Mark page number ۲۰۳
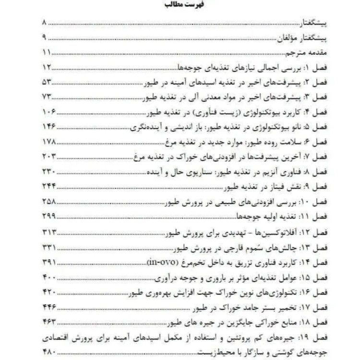pos(50,157)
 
